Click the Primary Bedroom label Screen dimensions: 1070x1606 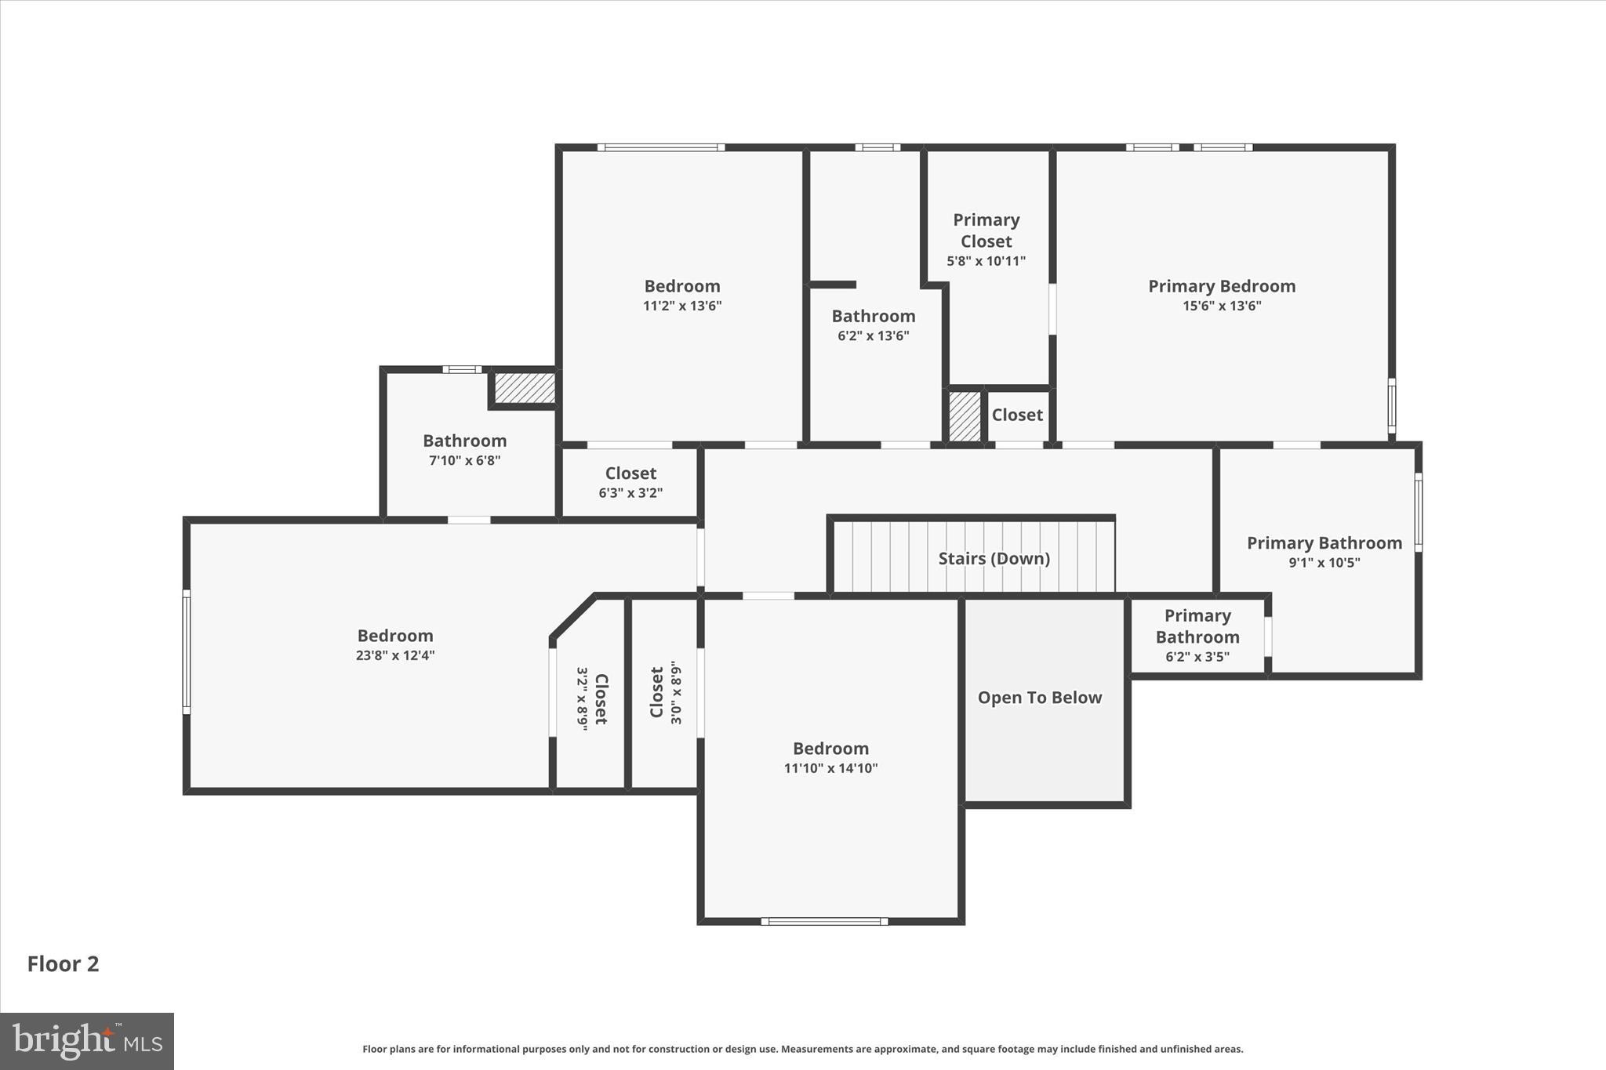(1221, 286)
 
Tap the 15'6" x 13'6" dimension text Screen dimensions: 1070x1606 (1221, 306)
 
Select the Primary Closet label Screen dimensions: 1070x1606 (986, 230)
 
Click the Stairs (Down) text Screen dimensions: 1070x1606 (994, 558)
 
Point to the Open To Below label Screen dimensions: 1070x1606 (1039, 697)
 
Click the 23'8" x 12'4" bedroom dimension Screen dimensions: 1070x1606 (394, 655)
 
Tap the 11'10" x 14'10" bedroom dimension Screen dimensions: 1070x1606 (830, 768)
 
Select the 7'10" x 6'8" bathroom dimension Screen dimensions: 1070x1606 (464, 460)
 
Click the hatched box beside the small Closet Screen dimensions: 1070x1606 (965, 416)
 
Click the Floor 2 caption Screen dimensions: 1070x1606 (63, 963)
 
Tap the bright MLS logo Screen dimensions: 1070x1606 (86, 1041)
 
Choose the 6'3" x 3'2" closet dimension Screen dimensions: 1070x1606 (630, 493)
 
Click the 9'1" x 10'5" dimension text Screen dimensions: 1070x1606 (1324, 562)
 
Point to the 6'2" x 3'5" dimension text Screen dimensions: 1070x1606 (1197, 657)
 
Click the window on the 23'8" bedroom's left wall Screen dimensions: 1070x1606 (187, 651)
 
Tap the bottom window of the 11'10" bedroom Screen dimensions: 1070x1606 (824, 921)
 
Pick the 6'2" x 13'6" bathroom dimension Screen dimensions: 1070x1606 (873, 336)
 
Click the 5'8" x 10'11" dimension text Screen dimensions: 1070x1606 (986, 261)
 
